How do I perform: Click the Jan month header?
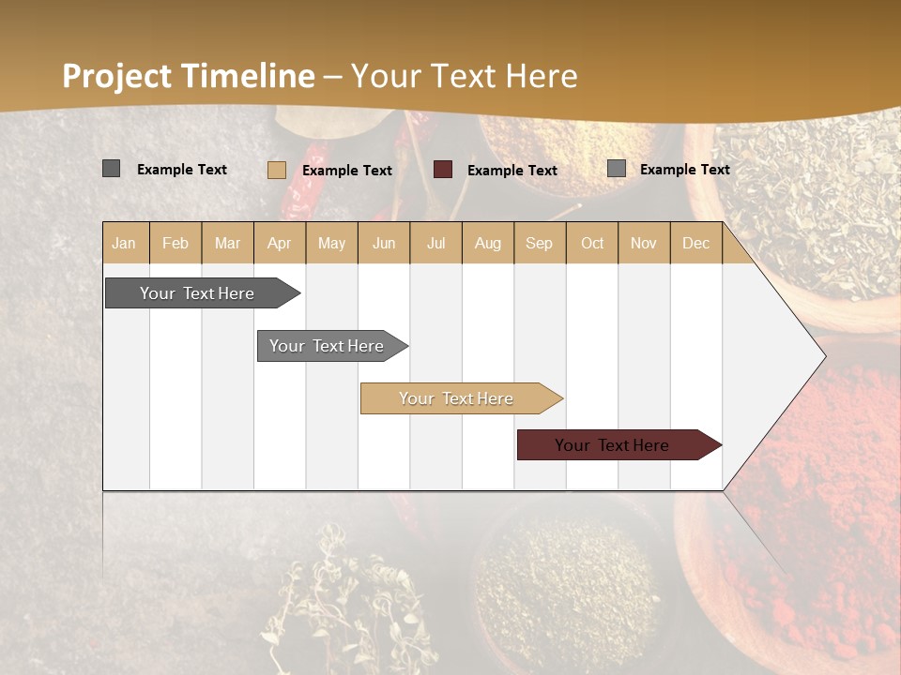[x=125, y=243]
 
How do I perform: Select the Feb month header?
[x=176, y=243]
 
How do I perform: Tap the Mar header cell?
[x=227, y=243]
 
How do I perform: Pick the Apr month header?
[x=280, y=243]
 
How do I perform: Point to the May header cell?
[x=331, y=243]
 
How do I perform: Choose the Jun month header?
[x=384, y=243]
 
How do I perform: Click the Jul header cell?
[x=435, y=243]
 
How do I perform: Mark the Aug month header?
[x=488, y=243]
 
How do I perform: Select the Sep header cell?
[x=540, y=243]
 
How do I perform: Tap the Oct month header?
[x=592, y=243]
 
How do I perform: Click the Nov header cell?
[x=644, y=243]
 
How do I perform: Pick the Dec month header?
[x=696, y=243]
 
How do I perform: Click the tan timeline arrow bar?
[x=457, y=398]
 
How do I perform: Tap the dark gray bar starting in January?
[x=198, y=293]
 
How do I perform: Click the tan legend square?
[x=277, y=170]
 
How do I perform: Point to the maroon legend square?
[x=443, y=170]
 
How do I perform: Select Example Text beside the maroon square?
[x=512, y=171]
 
